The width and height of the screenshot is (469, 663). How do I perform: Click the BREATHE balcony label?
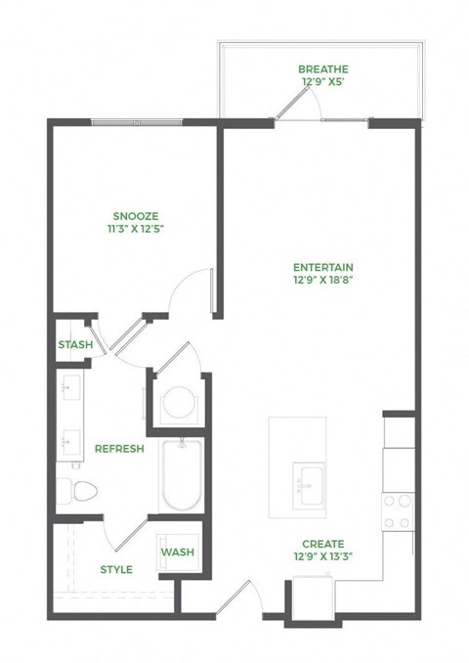tap(322, 69)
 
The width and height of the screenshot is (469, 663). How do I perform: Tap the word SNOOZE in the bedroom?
tap(136, 215)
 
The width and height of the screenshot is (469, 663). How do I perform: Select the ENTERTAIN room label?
tap(322, 267)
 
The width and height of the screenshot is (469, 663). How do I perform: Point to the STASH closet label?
tap(75, 345)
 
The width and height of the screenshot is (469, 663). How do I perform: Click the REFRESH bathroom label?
tap(119, 449)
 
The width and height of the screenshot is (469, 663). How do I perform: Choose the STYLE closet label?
tap(117, 570)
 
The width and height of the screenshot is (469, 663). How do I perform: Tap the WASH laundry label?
tap(178, 552)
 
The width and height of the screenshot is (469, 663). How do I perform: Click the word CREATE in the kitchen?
tap(322, 544)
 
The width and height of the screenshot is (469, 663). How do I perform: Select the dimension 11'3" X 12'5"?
tap(136, 230)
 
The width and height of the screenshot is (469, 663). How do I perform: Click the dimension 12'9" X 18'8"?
tap(322, 282)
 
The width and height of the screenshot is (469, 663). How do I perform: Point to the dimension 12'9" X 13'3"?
tap(322, 558)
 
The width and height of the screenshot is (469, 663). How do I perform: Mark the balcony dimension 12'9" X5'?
tap(322, 83)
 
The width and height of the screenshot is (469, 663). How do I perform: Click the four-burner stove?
tap(398, 510)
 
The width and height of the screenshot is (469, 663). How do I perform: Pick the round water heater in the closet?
tap(179, 402)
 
